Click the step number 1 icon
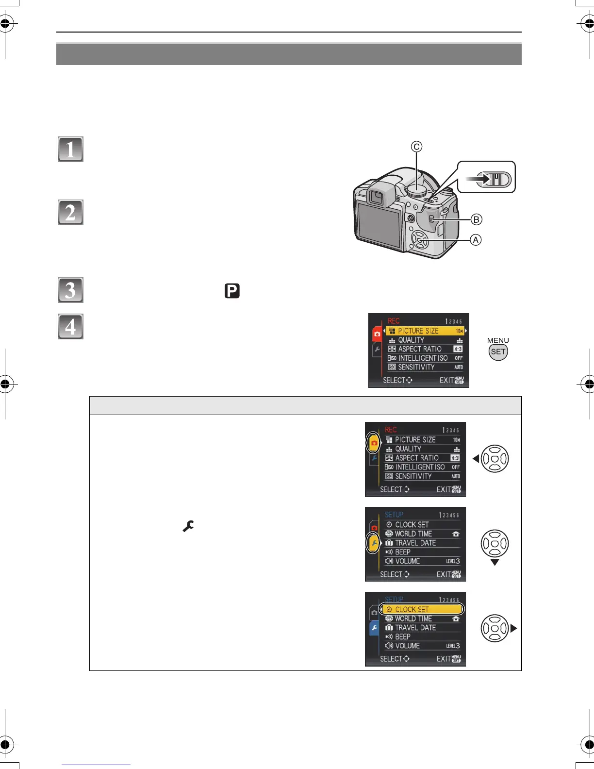point(70,150)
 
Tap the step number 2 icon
point(70,213)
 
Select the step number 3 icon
point(70,290)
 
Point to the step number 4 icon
point(70,326)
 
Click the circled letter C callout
point(416,147)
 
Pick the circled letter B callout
point(477,219)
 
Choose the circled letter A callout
point(476,240)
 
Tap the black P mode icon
point(232,291)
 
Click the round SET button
point(498,352)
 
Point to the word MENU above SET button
point(498,340)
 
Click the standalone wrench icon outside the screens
point(188,526)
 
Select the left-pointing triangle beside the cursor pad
point(476,458)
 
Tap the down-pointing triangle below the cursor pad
point(495,563)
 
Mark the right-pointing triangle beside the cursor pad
point(514,628)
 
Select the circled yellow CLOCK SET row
point(422,609)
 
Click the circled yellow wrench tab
point(373,543)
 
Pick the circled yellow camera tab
point(373,443)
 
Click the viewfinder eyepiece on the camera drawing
point(376,197)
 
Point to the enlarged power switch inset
point(487,177)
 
